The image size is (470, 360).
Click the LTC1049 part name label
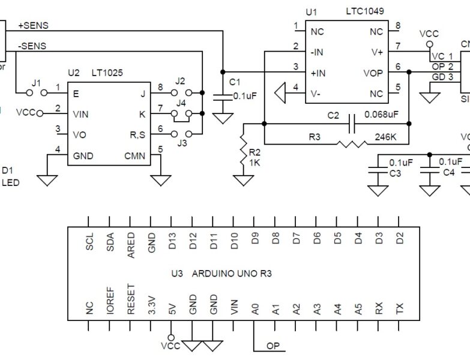pyautogui.click(x=365, y=11)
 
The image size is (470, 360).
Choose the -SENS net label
pyautogui.click(x=32, y=46)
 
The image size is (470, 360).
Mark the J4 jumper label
pyautogui.click(x=181, y=102)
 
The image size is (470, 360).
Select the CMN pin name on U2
pyautogui.click(x=136, y=157)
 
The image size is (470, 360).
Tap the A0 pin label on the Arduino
pyautogui.click(x=256, y=309)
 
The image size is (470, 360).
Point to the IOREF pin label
pyautogui.click(x=110, y=305)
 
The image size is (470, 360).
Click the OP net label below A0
pyautogui.click(x=273, y=346)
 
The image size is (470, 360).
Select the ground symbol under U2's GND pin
pyautogui.click(x=47, y=179)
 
